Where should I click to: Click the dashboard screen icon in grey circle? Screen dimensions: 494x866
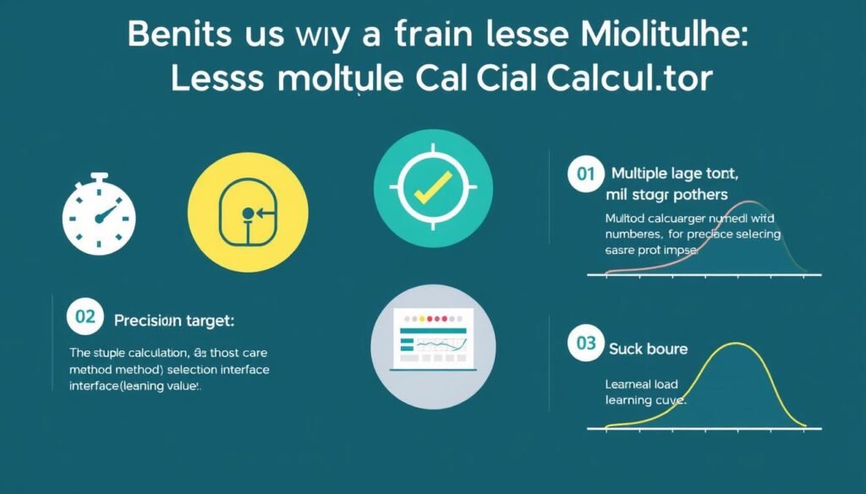pyautogui.click(x=432, y=341)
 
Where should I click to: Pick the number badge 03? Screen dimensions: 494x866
pyautogui.click(x=585, y=345)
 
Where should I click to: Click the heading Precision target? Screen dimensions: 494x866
pyautogui.click(x=173, y=321)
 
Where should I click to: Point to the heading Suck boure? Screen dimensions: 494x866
pyautogui.click(x=648, y=348)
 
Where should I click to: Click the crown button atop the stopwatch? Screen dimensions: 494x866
pyautogui.click(x=99, y=177)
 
